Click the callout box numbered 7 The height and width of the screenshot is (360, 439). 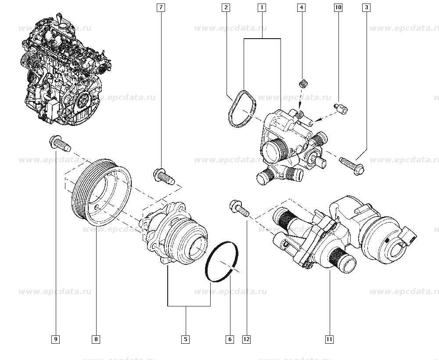(x=161, y=7)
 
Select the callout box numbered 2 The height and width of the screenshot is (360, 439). (x=226, y=7)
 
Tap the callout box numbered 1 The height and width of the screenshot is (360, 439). (x=262, y=7)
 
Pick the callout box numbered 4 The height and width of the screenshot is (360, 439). (x=301, y=7)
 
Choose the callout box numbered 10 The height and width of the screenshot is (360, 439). (x=338, y=7)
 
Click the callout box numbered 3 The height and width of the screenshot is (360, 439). (x=366, y=7)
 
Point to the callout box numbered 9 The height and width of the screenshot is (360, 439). (x=56, y=339)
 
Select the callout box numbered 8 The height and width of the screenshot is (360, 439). (x=96, y=339)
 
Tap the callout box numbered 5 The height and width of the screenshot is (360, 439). (x=185, y=339)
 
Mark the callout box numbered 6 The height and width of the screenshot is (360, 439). (x=230, y=339)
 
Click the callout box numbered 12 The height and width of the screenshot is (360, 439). (x=246, y=339)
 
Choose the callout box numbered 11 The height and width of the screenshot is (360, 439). (x=329, y=339)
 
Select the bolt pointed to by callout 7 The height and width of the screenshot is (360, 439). (x=164, y=176)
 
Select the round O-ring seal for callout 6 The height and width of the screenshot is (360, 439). (x=223, y=261)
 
